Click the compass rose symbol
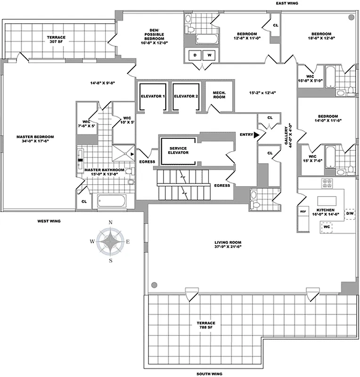coord(111,241)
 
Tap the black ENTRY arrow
coord(256,134)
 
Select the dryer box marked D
coord(195,55)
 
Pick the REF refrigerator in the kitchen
coord(303,212)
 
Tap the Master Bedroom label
coord(35,139)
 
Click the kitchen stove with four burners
coord(327,182)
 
